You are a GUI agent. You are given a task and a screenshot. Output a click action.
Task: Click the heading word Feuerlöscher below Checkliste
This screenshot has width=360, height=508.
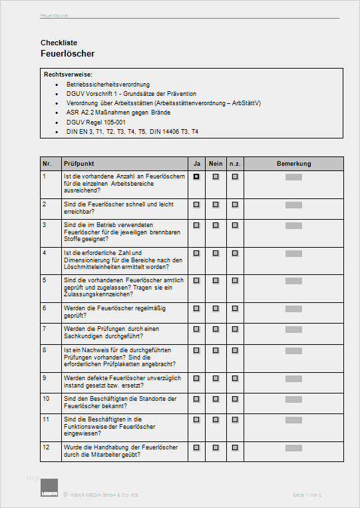(67, 53)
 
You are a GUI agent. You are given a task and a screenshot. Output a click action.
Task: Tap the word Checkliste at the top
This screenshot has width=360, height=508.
(59, 43)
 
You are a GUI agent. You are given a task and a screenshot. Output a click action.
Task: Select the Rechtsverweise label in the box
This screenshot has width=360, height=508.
(68, 74)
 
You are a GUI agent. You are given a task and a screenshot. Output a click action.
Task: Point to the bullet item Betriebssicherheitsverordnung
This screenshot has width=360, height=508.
(108, 85)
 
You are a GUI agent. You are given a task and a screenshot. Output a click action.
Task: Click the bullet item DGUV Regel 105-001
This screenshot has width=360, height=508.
(96, 122)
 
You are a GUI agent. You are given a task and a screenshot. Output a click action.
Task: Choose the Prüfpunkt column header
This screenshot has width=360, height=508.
(79, 163)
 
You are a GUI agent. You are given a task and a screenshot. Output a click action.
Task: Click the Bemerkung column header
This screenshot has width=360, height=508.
(293, 163)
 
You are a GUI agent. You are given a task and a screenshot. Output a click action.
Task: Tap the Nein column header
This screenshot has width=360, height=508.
(216, 163)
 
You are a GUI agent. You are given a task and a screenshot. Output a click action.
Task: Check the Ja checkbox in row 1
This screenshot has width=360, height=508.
(196, 177)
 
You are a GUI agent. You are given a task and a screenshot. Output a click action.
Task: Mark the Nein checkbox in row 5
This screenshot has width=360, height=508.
(216, 280)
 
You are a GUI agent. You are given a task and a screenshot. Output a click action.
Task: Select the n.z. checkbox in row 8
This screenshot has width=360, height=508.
(235, 350)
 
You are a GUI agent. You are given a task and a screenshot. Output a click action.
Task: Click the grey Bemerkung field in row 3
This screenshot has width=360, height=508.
(293, 225)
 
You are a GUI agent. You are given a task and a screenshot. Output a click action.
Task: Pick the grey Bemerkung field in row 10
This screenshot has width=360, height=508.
(293, 398)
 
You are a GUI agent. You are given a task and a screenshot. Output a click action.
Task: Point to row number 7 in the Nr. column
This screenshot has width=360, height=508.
(45, 328)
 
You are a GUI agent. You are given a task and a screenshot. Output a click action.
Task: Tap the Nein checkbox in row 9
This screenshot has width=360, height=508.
(216, 378)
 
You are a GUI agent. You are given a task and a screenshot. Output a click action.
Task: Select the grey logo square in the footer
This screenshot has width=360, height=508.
(49, 487)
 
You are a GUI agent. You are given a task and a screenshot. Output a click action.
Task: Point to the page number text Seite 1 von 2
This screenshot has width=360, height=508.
(307, 495)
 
